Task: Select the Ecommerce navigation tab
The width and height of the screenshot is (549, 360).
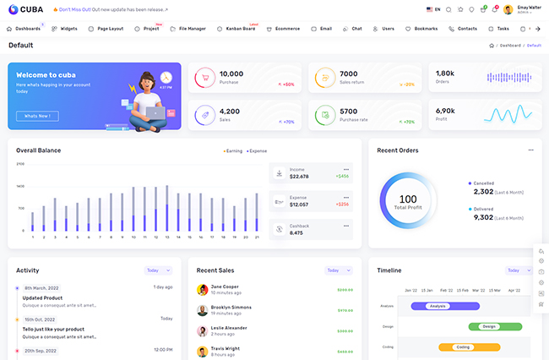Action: pyautogui.click(x=287, y=29)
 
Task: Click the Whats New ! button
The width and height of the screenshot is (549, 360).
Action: pyautogui.click(x=37, y=116)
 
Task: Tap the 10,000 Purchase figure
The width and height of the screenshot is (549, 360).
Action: pyautogui.click(x=231, y=74)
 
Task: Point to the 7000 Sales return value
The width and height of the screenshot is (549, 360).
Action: pyautogui.click(x=348, y=74)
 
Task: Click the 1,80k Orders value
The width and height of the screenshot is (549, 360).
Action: pyautogui.click(x=444, y=74)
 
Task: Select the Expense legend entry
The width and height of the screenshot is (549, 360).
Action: pyautogui.click(x=257, y=150)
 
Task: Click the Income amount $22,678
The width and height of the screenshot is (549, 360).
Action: pyautogui.click(x=299, y=177)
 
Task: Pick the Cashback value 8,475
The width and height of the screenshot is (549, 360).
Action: pyautogui.click(x=296, y=232)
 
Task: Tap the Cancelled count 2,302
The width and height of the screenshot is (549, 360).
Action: pyautogui.click(x=483, y=192)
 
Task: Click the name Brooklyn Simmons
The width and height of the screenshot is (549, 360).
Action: pyautogui.click(x=231, y=307)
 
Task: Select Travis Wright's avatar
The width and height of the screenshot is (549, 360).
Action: pyautogui.click(x=203, y=351)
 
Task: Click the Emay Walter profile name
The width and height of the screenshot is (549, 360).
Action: pyautogui.click(x=529, y=7)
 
